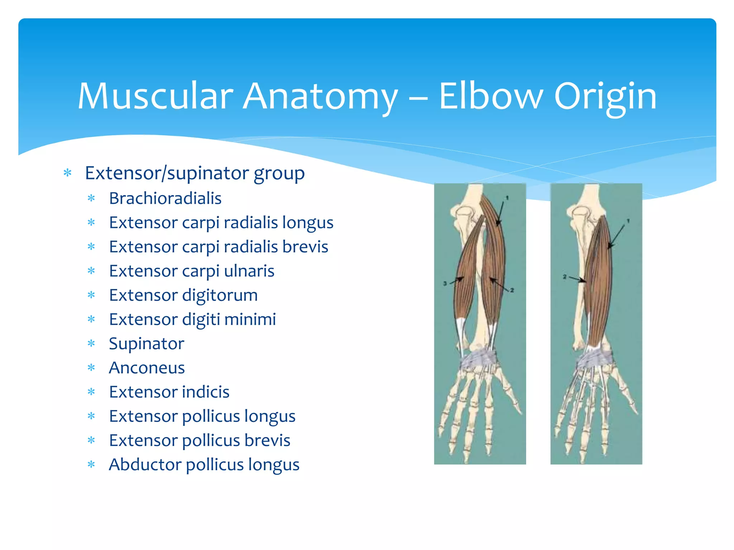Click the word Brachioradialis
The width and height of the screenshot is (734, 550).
tap(165, 198)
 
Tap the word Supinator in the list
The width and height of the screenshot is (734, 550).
tap(146, 344)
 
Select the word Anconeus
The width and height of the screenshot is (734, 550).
tap(147, 368)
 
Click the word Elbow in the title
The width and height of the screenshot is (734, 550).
tap(491, 96)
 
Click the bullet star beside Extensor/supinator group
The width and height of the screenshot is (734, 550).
tap(67, 173)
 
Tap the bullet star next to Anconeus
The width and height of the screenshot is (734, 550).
tap(91, 368)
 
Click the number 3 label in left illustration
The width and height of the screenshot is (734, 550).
tap(445, 283)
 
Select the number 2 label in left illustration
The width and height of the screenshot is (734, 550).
tap(512, 290)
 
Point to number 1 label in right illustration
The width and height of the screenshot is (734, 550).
tap(628, 221)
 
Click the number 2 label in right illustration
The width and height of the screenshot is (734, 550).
tap(564, 276)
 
